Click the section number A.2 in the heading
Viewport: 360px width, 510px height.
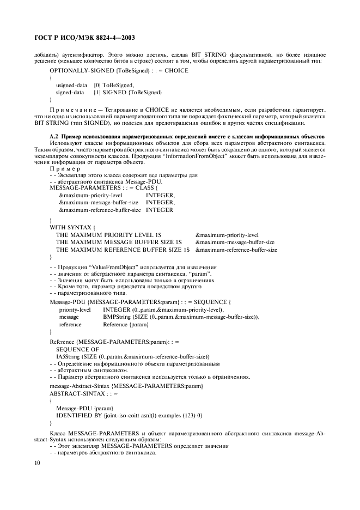(x=53, y=136)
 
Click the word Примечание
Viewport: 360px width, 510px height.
(x=76, y=109)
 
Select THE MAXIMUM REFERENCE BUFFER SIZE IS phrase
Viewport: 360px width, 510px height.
(x=123, y=250)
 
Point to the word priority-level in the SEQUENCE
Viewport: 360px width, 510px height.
(x=75, y=309)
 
